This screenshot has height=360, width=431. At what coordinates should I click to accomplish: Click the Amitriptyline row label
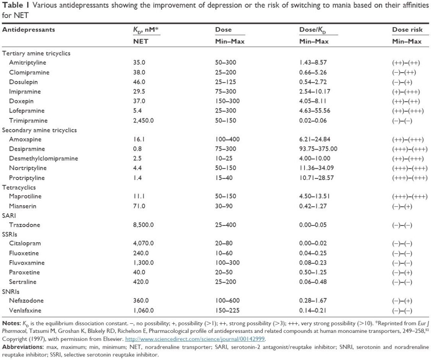28,63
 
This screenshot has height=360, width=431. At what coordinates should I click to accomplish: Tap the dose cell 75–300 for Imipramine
226,91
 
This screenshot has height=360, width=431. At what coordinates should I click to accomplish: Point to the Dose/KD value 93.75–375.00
318,149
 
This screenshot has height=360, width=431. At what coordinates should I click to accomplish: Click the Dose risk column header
407,30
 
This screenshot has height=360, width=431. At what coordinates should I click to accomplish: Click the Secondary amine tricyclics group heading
40,130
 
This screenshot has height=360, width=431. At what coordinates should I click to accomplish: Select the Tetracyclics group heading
19,187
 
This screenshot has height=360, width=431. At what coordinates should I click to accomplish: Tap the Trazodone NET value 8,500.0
143,225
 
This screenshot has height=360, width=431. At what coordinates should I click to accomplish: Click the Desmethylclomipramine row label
43,158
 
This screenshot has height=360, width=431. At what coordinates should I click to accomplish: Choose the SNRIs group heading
11,291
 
